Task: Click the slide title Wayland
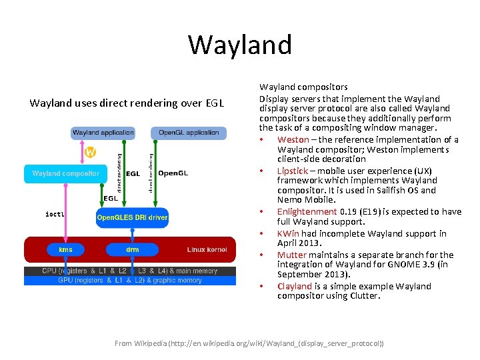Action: point(240,45)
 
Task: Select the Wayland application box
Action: point(103,133)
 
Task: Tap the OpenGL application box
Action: point(189,133)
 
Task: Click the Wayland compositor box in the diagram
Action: point(65,174)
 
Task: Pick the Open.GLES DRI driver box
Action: point(132,217)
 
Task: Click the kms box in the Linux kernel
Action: point(65,249)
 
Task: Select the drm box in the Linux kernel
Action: point(132,249)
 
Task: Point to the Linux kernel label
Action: point(207,249)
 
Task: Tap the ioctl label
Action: point(55,214)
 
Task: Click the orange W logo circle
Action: point(90,152)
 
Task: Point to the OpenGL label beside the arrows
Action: point(173,174)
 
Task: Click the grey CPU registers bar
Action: point(130,271)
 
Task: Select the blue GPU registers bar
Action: point(130,281)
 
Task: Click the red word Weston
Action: point(293,139)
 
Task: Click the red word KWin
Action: point(288,233)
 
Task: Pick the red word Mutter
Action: point(291,255)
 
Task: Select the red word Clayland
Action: point(295,286)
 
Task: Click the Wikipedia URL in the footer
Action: point(287,343)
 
